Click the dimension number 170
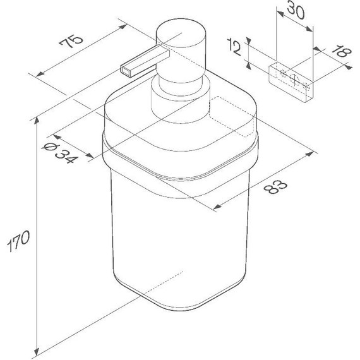[18, 241]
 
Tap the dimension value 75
[71, 41]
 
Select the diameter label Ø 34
[60, 153]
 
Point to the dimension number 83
[275, 186]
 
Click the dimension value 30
[296, 9]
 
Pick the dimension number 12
[235, 47]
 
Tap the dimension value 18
[342, 51]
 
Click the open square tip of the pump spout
[126, 71]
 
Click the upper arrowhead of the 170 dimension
[37, 121]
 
